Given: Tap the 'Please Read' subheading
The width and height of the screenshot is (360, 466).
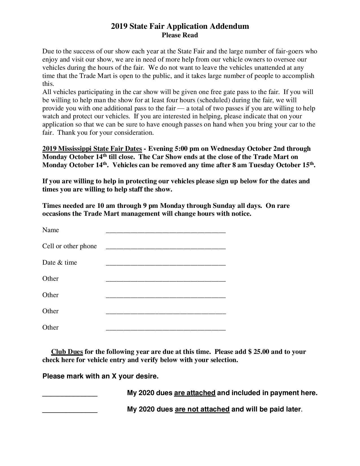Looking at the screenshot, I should (x=180, y=35).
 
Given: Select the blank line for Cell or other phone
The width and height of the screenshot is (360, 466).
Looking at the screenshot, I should (x=166, y=247).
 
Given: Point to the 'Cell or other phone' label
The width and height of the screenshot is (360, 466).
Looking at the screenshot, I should (x=69, y=246).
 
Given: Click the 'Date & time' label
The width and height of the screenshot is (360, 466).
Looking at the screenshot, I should (x=60, y=262).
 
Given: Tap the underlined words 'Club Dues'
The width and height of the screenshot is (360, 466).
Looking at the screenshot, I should (x=67, y=352).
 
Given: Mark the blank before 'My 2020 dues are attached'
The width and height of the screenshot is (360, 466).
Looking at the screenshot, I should (x=70, y=395).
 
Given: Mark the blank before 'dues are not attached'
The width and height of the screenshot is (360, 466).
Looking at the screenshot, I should (x=70, y=411).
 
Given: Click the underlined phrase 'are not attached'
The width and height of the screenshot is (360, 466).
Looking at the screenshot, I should (x=202, y=409).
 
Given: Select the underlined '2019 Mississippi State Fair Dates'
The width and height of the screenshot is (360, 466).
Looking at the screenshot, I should (x=92, y=149).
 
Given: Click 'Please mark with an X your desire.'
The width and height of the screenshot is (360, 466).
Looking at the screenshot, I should (x=100, y=376).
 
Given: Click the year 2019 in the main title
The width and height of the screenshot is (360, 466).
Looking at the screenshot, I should (x=119, y=26).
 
